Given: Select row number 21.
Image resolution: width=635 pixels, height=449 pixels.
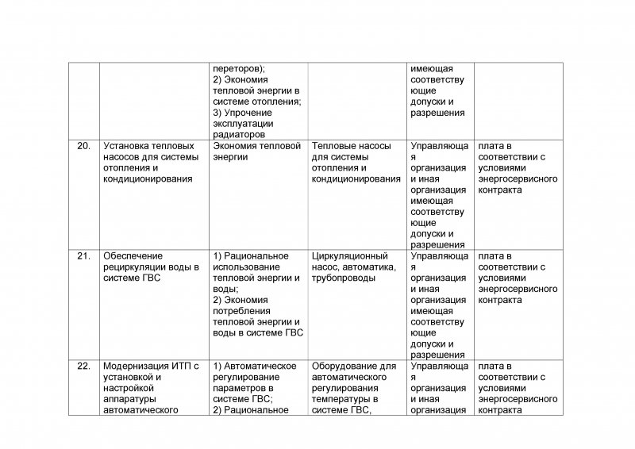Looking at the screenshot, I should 83,256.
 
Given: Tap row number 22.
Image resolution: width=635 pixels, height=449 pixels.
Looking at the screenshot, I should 83,366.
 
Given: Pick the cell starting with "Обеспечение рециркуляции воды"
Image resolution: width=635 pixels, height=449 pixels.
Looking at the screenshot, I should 151,267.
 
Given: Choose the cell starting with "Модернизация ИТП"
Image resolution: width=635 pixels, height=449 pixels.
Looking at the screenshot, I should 151,388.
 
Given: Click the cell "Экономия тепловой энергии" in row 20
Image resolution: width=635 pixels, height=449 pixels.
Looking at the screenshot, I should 256,152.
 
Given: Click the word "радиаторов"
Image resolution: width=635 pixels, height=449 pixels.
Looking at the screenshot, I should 237,135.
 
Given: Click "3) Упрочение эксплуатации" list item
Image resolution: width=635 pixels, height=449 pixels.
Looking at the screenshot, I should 243,118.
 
